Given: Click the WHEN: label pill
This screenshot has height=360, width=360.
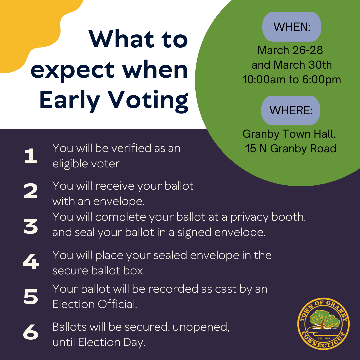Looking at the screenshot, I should point(292,27).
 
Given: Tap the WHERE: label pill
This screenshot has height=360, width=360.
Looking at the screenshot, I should point(291,110).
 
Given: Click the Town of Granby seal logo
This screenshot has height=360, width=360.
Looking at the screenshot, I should point(323,323).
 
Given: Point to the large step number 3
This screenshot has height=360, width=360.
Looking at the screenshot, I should point(31,227).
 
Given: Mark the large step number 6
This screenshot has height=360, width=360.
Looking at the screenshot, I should point(31,333).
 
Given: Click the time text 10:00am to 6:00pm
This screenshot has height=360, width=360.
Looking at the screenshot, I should point(292,80).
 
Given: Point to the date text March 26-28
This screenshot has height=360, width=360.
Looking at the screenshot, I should point(290,50).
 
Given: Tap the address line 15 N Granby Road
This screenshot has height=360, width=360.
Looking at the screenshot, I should point(291,148).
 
